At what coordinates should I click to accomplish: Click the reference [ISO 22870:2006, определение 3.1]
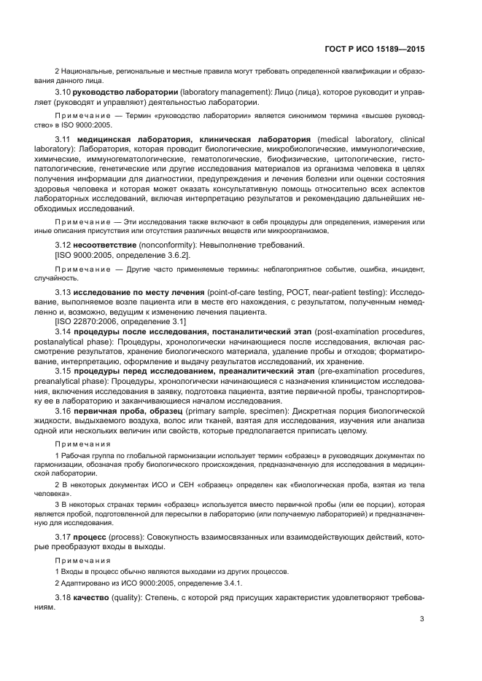click(120, 321)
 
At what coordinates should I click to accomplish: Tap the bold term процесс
click(95, 537)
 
